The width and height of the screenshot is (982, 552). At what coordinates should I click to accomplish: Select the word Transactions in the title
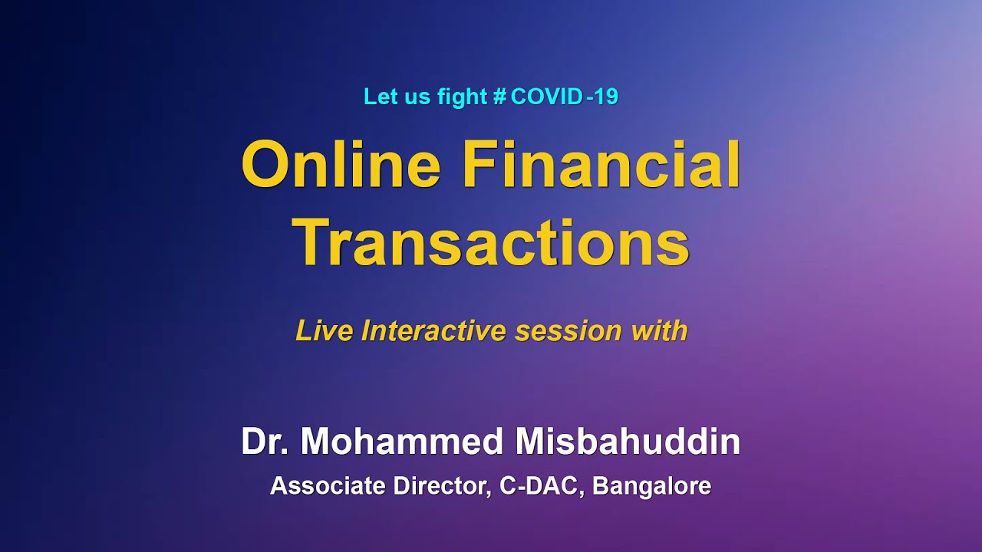click(x=491, y=243)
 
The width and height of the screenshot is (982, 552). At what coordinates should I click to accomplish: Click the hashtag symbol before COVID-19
click(x=499, y=97)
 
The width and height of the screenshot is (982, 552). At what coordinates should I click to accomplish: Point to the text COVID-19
click(x=564, y=97)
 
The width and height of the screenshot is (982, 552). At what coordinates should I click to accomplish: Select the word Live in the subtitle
click(x=325, y=331)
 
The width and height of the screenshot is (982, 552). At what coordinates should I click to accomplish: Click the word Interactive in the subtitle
click(x=434, y=331)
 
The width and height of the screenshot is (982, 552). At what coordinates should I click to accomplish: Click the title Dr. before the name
click(x=266, y=442)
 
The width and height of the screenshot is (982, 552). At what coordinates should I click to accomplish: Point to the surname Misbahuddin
click(x=628, y=442)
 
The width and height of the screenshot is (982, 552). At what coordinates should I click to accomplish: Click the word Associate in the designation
click(x=329, y=486)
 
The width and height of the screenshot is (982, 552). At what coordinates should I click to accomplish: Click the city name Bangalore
click(x=651, y=487)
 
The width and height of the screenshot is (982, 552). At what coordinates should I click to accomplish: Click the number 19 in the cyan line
click(x=606, y=97)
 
